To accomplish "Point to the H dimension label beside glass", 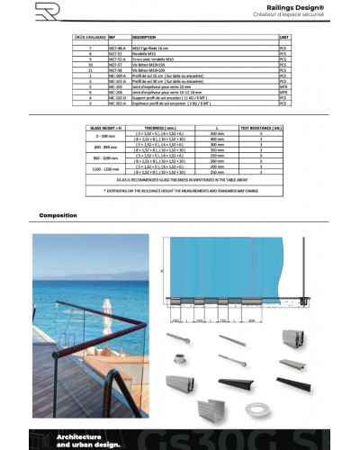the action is click(x=161, y=270).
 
